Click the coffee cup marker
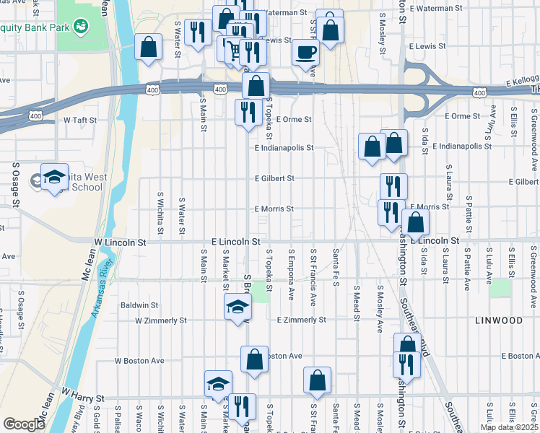point(305,53)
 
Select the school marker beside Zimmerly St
point(238,308)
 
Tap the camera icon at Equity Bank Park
point(81,27)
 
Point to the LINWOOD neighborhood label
point(498,320)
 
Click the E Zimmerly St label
point(301,320)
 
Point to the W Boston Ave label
point(140,360)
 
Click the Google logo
point(24,424)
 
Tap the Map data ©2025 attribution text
point(509,427)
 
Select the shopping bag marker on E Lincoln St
point(416,223)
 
